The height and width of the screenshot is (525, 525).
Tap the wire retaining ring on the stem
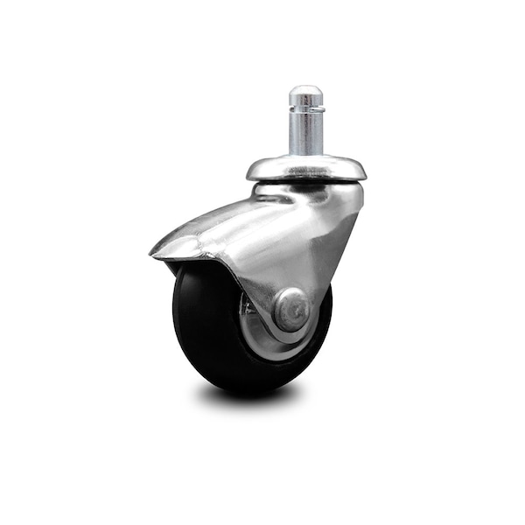tap(306, 109)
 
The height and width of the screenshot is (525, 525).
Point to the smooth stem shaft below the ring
tap(306, 136)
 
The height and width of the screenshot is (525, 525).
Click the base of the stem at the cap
tap(306, 155)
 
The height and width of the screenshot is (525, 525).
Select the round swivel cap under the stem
tap(306, 167)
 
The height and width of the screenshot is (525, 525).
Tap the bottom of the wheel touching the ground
tap(254, 388)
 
